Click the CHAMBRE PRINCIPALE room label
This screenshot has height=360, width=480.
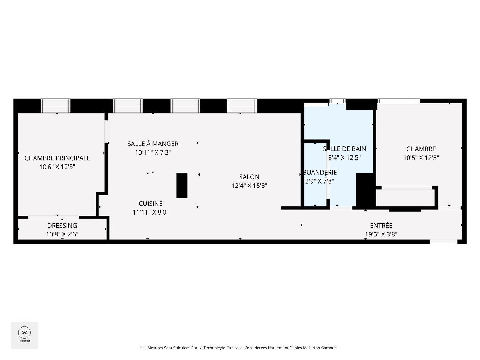click(57, 158)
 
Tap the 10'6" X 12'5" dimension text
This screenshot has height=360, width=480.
click(57, 167)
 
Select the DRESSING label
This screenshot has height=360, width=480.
click(62, 226)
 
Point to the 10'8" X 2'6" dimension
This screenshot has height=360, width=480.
click(62, 234)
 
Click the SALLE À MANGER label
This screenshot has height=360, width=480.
click(153, 144)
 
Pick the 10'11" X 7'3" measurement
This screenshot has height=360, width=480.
click(153, 152)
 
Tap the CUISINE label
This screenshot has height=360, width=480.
click(151, 204)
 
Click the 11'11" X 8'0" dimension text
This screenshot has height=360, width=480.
click(151, 212)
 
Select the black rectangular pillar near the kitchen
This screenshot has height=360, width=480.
click(182, 185)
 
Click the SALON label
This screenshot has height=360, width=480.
click(249, 177)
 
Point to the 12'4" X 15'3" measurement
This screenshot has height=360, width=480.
click(249, 186)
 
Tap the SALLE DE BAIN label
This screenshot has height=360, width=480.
click(344, 149)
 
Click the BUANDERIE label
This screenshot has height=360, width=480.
click(320, 172)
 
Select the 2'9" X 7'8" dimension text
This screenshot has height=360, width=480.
click(320, 181)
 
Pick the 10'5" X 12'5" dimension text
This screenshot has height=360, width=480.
click(421, 158)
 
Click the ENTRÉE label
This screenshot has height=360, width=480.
click(381, 226)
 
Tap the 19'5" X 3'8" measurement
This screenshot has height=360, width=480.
click(381, 234)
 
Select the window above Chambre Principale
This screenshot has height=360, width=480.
click(55, 106)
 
